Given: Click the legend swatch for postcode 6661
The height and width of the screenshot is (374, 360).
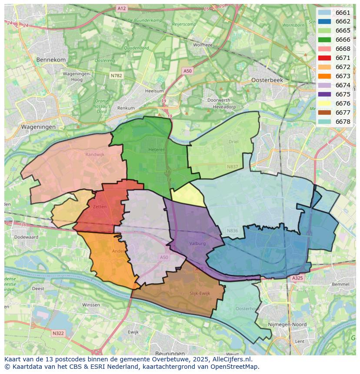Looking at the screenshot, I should click(x=324, y=13).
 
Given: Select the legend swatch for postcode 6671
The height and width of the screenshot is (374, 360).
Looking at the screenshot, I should click(x=324, y=58).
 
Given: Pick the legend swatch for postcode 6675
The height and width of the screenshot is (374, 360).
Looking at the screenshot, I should click(x=324, y=94).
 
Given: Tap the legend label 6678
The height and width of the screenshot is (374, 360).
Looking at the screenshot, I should click(x=343, y=122).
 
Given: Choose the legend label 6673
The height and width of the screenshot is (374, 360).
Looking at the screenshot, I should click(x=343, y=76).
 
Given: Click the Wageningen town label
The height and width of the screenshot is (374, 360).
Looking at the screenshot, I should click(x=38, y=127).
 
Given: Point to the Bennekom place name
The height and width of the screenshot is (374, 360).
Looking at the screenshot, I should click(x=51, y=60).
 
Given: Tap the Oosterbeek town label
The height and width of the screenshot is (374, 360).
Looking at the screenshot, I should click(x=267, y=80).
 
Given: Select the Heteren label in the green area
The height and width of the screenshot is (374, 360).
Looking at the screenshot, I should click(x=157, y=149).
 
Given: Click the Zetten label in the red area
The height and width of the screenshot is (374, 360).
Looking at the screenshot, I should click(x=100, y=207).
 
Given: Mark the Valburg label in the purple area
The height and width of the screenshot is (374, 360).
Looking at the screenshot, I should click(x=197, y=244).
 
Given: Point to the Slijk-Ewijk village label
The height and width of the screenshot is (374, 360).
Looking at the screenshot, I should click(x=200, y=293).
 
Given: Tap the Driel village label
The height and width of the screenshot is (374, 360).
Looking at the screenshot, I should click(x=233, y=142).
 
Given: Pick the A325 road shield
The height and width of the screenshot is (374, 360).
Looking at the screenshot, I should click(x=297, y=278).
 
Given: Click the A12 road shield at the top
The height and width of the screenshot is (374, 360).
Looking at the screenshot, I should click(x=122, y=8).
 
